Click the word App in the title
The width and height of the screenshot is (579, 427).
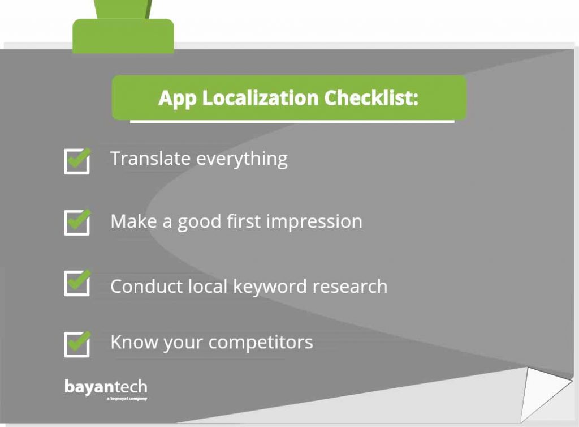[x=177, y=98]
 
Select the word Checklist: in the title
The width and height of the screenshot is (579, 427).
[x=371, y=98]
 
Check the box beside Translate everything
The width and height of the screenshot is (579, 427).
[x=77, y=161]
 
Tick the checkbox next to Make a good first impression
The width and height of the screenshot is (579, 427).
[x=77, y=223]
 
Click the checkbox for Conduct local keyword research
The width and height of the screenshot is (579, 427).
[x=77, y=283]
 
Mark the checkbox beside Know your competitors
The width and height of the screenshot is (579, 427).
[x=77, y=344]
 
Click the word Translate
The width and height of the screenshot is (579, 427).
[x=150, y=159]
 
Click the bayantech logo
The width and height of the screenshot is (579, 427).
[x=106, y=388]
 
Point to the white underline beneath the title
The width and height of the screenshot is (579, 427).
[x=292, y=121]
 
